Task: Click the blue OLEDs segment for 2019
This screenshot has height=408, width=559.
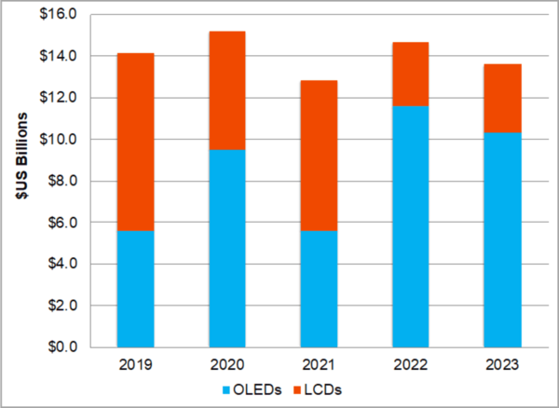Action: pos(135,289)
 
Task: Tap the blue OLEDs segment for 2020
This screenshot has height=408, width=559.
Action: pos(226,248)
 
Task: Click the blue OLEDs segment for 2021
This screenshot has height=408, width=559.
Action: pos(319,289)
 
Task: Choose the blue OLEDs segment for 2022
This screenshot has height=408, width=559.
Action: pos(410,226)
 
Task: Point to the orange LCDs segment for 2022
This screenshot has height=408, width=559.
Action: pos(410,74)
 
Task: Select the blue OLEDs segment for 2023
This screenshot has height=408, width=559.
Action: pos(502,239)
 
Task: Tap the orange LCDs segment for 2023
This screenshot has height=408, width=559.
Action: pos(502,98)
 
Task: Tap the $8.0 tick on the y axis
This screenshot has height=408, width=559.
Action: pos(63,182)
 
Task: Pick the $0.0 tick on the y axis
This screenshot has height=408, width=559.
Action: pos(63,347)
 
